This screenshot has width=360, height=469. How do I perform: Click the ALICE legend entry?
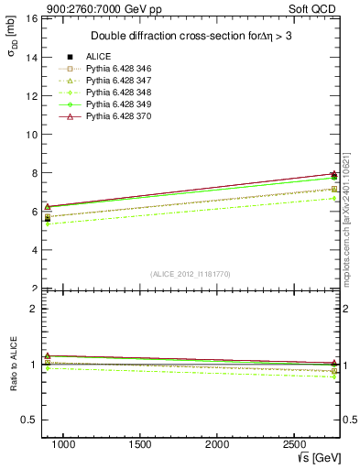(99, 57)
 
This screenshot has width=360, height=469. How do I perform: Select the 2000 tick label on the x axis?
(217, 443)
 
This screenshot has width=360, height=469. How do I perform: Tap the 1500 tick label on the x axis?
(140, 443)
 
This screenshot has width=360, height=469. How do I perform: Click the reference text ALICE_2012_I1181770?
(189, 273)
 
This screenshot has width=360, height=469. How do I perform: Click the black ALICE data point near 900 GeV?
(48, 219)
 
